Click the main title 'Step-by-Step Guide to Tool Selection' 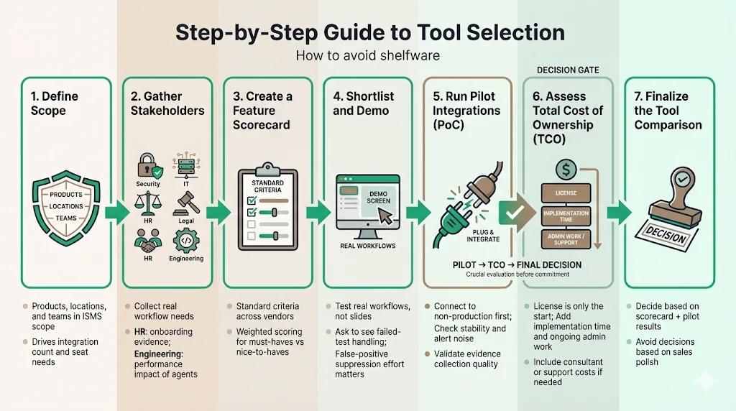pyautogui.click(x=367, y=33)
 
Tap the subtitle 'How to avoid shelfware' pyautogui.click(x=367, y=55)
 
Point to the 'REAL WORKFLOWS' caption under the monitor pyautogui.click(x=368, y=246)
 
